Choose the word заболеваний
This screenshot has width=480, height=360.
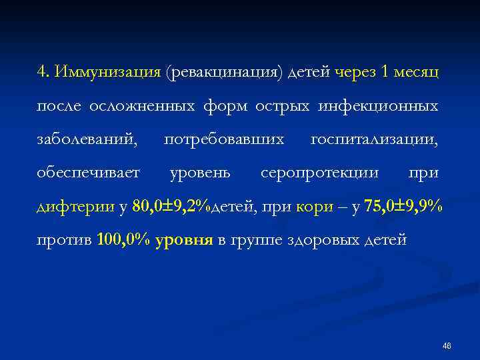coord(88,140)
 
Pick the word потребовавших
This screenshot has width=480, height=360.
coord(224,140)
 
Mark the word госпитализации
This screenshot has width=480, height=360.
coord(374,140)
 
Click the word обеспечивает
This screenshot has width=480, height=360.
coord(88,173)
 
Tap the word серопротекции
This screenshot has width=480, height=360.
coord(319,173)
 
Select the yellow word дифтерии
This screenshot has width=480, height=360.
coord(75,207)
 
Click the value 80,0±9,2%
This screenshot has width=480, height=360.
coord(171,207)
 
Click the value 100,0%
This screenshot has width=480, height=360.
coord(123,241)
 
